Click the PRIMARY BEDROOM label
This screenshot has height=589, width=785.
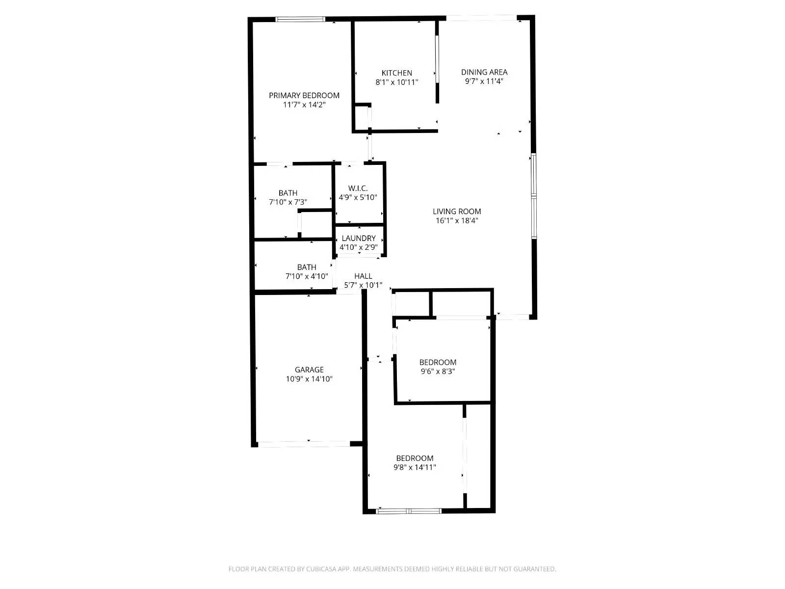(x=304, y=95)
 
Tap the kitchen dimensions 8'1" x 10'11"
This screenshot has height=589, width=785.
(x=396, y=82)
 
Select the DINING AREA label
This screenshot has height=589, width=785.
(x=484, y=72)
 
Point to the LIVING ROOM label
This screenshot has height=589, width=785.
(x=456, y=212)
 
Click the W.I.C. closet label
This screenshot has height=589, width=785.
(x=358, y=188)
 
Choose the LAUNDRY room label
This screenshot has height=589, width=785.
(x=358, y=239)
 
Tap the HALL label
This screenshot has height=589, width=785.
(x=363, y=276)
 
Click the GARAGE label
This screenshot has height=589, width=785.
(x=309, y=370)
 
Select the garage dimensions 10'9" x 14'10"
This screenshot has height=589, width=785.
(x=309, y=379)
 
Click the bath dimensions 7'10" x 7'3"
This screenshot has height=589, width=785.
(x=288, y=202)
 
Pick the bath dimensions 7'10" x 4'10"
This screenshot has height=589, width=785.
(x=306, y=276)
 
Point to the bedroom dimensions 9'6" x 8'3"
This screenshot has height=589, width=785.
(x=438, y=372)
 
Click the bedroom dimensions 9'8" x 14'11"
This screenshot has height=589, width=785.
(x=415, y=468)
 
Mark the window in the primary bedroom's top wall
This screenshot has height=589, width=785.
(x=300, y=20)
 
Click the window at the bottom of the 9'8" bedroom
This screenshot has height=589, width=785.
(x=409, y=511)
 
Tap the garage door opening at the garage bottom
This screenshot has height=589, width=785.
(x=304, y=444)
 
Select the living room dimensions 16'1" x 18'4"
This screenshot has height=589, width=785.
(x=456, y=221)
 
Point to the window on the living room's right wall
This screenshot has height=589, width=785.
(x=534, y=196)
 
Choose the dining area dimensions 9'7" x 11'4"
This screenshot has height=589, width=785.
(x=484, y=81)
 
